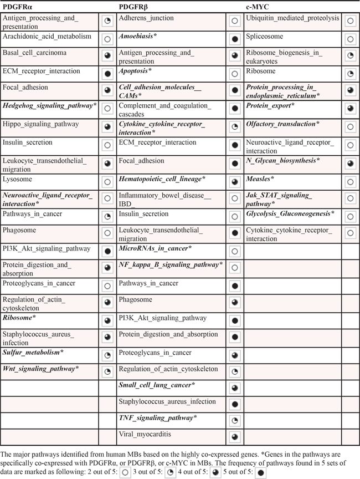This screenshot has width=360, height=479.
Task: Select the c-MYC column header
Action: point(258,7)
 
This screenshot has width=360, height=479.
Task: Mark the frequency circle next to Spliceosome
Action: point(349,39)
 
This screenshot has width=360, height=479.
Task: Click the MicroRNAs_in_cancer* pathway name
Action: point(155,248)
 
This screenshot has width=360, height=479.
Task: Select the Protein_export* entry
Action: point(270,105)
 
